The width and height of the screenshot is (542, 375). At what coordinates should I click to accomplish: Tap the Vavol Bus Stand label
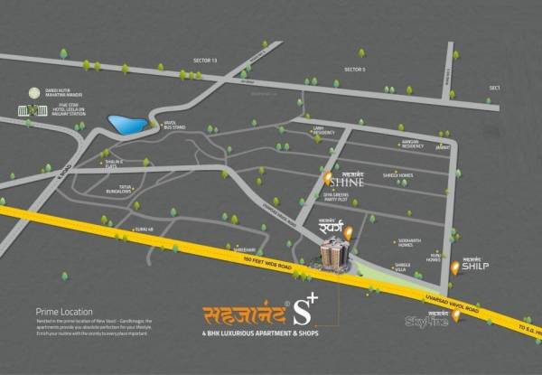(x=175, y=126)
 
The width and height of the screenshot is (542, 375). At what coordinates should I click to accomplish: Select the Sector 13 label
(x=205, y=60)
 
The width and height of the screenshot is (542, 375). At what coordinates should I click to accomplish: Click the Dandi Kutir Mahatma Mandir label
(x=55, y=92)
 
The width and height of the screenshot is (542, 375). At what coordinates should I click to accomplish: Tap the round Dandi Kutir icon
(x=36, y=92)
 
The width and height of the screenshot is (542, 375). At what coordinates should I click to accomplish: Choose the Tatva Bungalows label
(x=119, y=190)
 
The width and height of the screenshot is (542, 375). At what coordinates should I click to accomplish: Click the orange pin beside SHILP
(x=454, y=267)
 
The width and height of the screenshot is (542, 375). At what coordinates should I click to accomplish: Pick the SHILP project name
(x=475, y=267)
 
